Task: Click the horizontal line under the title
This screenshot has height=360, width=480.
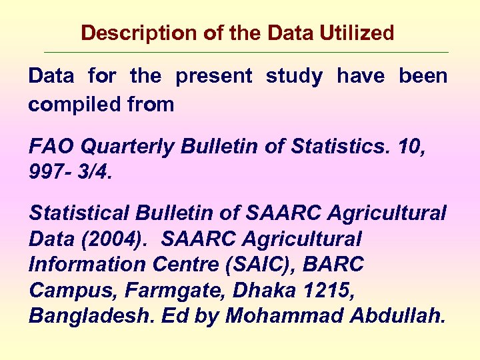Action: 246,52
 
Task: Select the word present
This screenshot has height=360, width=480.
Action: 214,77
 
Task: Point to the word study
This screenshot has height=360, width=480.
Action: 294,77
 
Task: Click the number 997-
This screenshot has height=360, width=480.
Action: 51,173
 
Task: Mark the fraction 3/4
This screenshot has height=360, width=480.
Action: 94,173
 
